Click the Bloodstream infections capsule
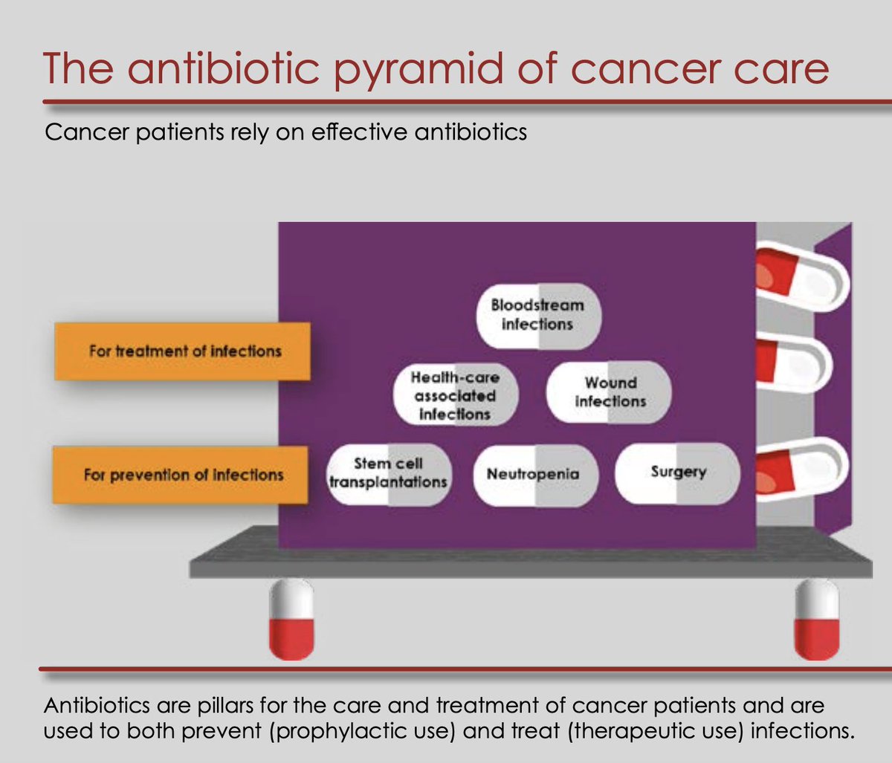pyautogui.click(x=537, y=315)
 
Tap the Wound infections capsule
pyautogui.click(x=609, y=392)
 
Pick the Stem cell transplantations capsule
pyautogui.click(x=389, y=473)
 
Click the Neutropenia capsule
pyautogui.click(x=534, y=475)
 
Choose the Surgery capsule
pyautogui.click(x=677, y=473)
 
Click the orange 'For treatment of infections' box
pyautogui.click(x=182, y=351)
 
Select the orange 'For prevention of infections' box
pyautogui.click(x=182, y=475)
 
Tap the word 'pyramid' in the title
pyautogui.click(x=398, y=68)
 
